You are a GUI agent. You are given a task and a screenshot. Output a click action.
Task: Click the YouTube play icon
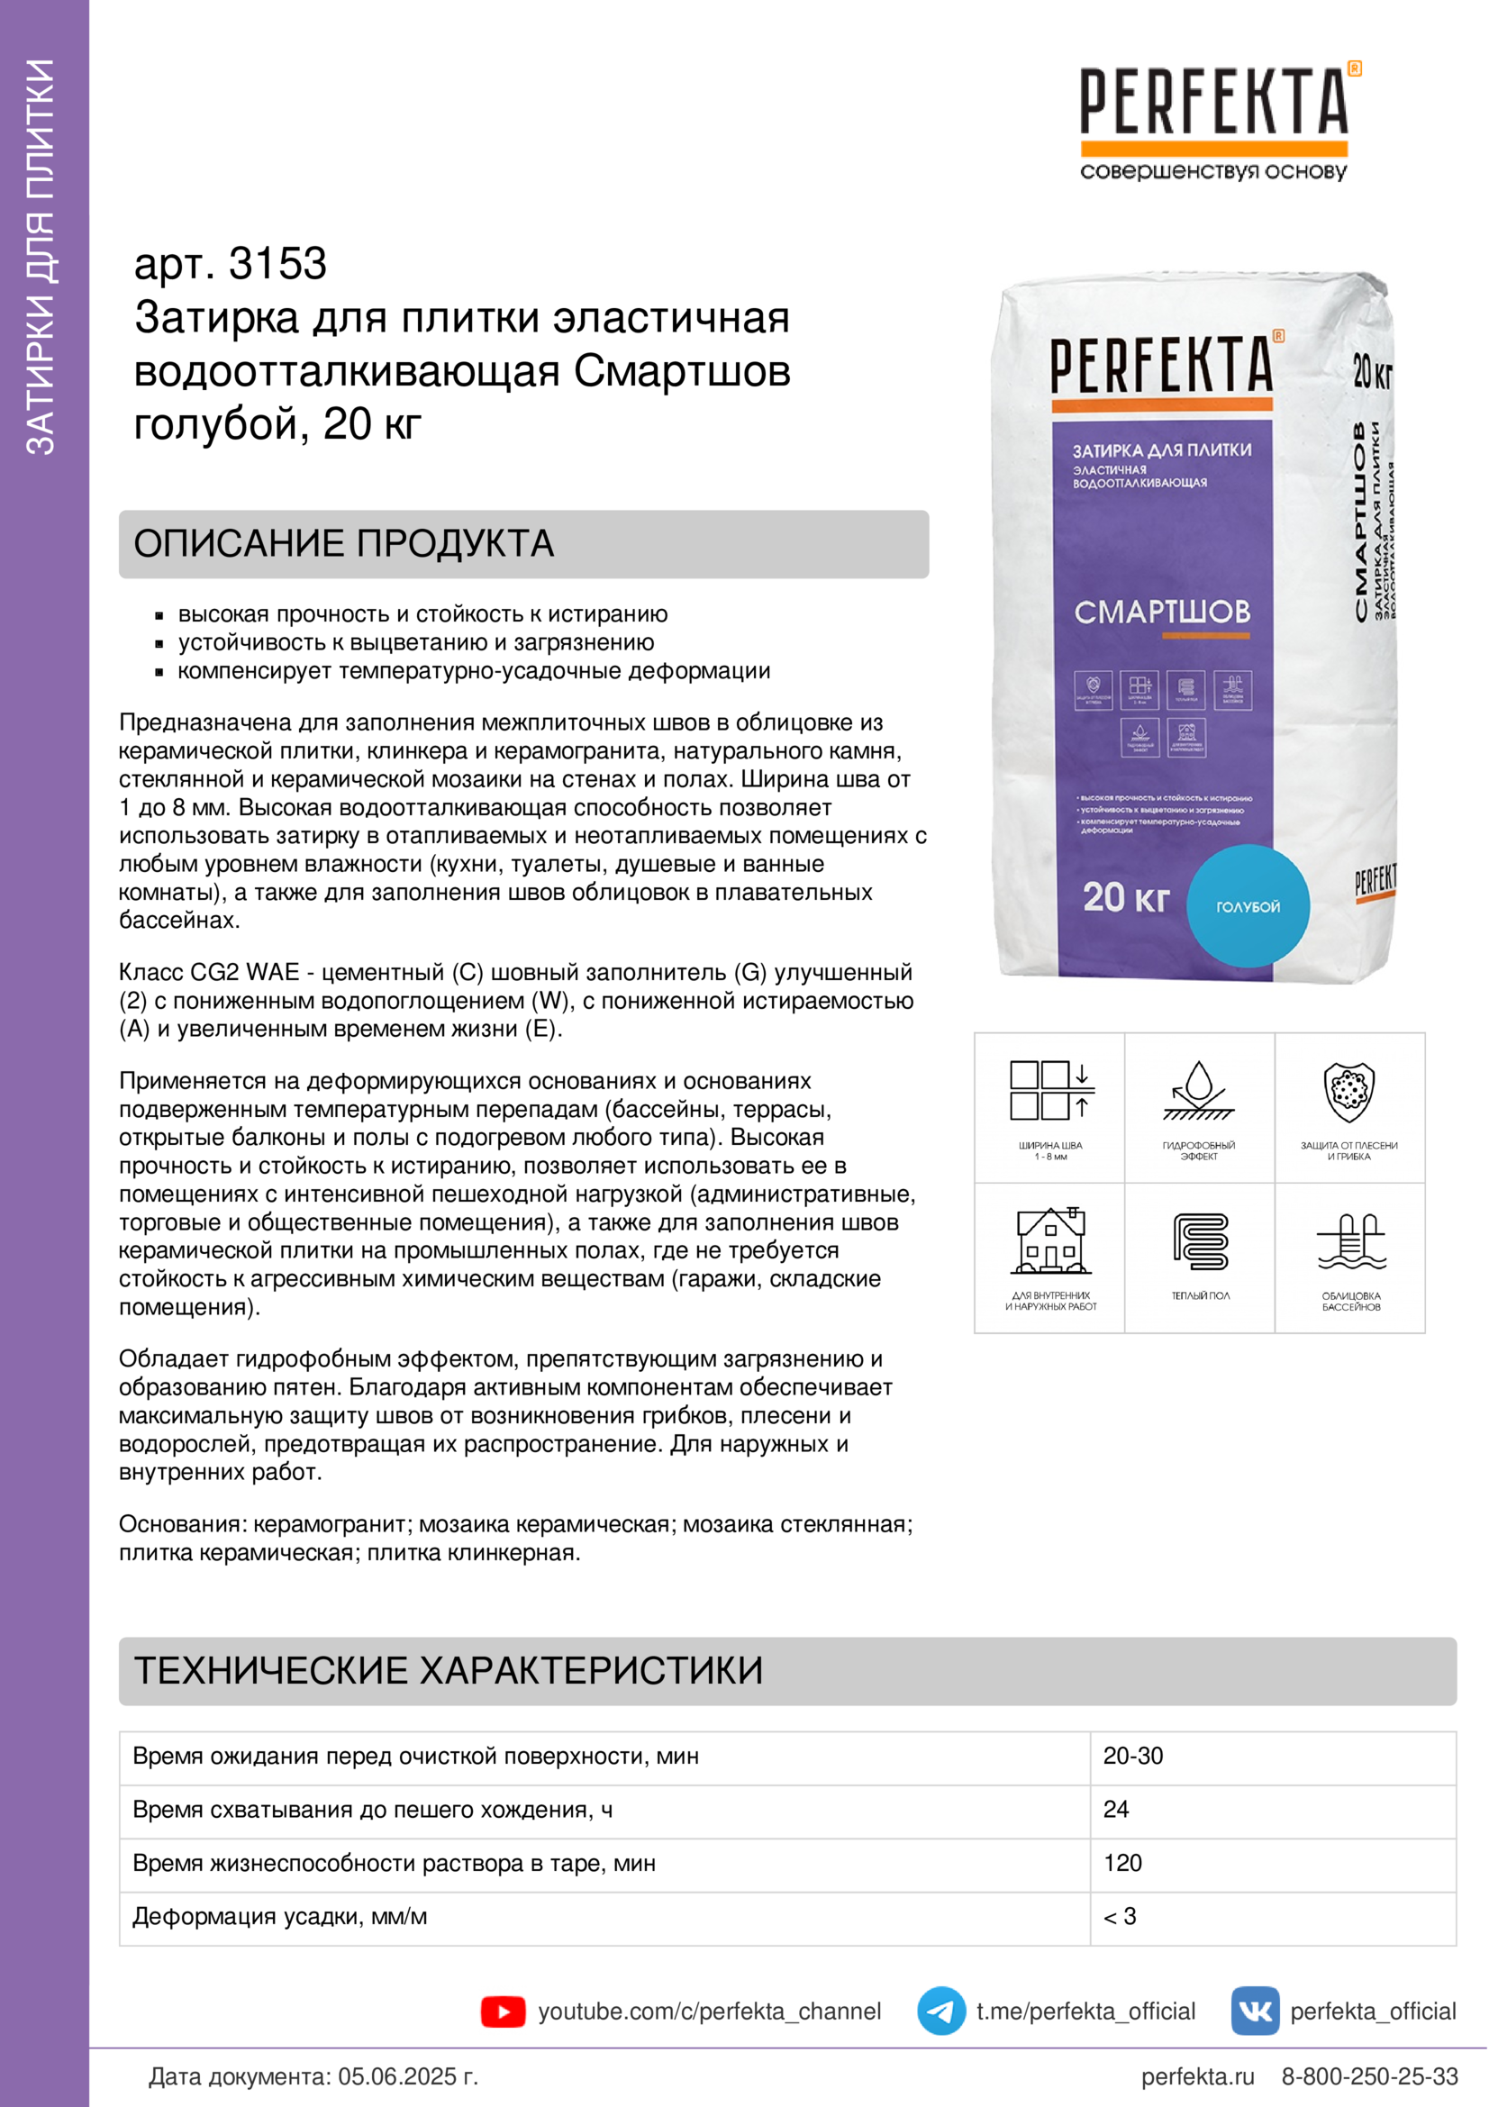tap(503, 2012)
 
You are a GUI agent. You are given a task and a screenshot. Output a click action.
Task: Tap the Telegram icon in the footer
tap(940, 2012)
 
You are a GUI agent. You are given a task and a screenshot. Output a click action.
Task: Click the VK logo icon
tap(1255, 2012)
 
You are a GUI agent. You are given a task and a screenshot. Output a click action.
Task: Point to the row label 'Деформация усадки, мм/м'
tap(280, 1916)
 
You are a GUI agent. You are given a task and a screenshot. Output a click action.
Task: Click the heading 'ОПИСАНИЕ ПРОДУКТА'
tap(344, 544)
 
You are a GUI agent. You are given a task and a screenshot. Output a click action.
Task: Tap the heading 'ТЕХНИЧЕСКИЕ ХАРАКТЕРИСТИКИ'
tap(449, 1671)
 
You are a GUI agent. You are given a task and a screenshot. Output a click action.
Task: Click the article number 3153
tap(277, 264)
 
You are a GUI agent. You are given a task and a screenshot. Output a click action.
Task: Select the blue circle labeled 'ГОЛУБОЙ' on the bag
tap(1248, 905)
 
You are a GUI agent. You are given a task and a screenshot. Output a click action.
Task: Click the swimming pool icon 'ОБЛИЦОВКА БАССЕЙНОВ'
tap(1350, 1243)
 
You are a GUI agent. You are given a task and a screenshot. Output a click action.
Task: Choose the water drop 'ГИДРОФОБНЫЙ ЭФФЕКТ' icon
tap(1198, 1092)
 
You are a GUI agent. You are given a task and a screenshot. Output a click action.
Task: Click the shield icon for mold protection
tap(1348, 1092)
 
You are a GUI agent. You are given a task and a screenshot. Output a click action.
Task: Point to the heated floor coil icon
tap(1200, 1241)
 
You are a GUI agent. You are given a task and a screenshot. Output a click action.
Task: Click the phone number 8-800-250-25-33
tap(1369, 2076)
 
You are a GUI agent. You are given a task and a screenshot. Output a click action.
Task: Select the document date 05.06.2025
tap(408, 2076)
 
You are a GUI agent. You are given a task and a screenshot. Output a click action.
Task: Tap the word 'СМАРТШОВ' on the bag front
tap(1161, 612)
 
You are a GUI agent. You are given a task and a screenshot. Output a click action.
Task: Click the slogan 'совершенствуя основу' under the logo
tap(1212, 172)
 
